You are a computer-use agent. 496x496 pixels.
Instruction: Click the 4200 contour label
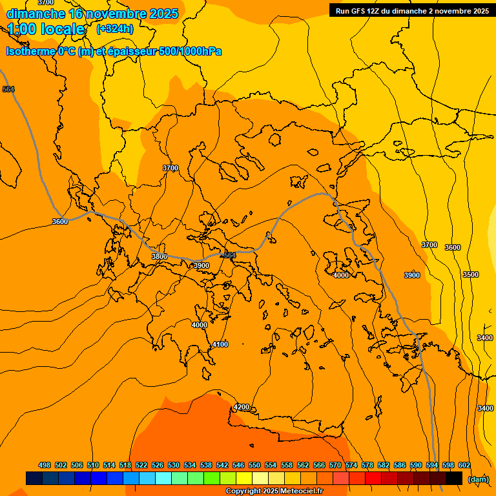(x=242, y=407)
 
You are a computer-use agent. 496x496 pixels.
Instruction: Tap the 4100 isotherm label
(x=220, y=344)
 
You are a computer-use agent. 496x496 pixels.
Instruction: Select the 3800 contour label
(x=160, y=256)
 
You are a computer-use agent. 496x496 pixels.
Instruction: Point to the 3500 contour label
(x=471, y=274)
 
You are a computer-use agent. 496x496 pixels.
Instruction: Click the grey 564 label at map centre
(x=229, y=256)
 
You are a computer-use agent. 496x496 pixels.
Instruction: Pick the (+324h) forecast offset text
(x=115, y=28)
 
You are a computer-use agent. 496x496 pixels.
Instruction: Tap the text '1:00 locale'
(x=46, y=29)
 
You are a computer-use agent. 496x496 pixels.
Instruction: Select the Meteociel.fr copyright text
(x=274, y=491)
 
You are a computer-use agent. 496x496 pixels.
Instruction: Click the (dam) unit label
(x=478, y=479)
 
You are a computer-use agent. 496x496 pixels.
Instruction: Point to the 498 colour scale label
(x=45, y=465)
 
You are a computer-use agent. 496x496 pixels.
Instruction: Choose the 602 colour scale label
(x=464, y=465)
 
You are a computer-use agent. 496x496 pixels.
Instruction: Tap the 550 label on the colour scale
(x=254, y=465)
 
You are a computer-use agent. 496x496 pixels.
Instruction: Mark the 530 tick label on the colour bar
(x=174, y=465)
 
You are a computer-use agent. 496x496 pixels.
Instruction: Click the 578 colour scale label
(x=367, y=465)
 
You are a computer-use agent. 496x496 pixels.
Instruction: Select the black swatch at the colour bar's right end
(x=454, y=479)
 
